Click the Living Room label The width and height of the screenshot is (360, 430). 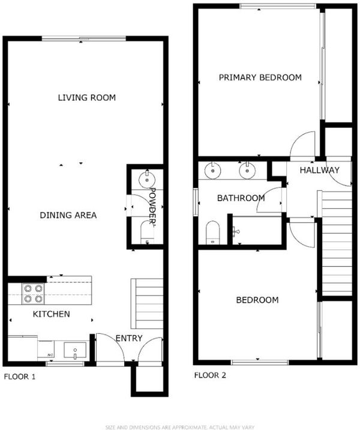tap(87, 98)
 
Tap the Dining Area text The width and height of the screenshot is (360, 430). tap(68, 215)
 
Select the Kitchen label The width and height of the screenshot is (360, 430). tap(51, 314)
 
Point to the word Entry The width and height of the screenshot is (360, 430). tap(129, 338)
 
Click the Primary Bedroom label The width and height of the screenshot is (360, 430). tap(260, 77)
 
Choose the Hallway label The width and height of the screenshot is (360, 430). tap(319, 170)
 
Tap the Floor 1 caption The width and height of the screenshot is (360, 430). tap(19, 377)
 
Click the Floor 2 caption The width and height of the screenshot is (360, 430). tap(210, 375)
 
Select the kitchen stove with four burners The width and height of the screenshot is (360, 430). tap(33, 294)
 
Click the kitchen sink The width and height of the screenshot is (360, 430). tap(75, 350)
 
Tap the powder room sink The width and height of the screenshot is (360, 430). tap(147, 180)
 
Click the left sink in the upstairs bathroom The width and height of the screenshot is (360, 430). tap(213, 171)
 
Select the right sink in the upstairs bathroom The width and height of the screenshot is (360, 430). tap(247, 171)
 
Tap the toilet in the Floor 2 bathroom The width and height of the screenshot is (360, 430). tap(213, 232)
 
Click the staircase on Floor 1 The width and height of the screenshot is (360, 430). tap(147, 303)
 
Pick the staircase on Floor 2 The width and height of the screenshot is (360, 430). tap(335, 243)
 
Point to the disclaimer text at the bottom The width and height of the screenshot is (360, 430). tap(180, 427)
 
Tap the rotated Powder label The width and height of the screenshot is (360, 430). tap(152, 206)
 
